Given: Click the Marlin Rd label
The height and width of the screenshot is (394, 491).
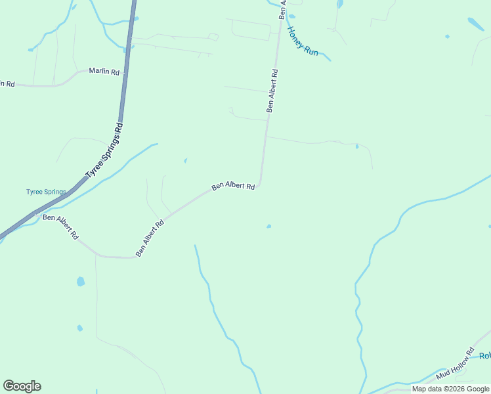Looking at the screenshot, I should (x=104, y=72).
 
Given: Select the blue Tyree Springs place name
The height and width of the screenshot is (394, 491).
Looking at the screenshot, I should (x=46, y=192).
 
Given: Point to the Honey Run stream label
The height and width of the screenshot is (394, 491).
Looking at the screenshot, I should (x=303, y=41).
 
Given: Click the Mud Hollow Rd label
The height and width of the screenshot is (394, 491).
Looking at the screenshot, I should (x=455, y=364).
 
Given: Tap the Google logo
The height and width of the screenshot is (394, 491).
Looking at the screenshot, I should (x=22, y=386).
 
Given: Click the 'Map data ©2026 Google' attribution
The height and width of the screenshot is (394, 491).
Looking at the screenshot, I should (x=450, y=389).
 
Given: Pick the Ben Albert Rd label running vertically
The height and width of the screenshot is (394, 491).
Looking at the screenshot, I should (x=272, y=91).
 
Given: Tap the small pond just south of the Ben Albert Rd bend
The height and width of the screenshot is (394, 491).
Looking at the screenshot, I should (x=268, y=227).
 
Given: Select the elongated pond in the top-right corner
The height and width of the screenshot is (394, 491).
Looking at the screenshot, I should (x=476, y=24).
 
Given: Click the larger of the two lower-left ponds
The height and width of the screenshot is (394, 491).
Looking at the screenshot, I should (x=81, y=281).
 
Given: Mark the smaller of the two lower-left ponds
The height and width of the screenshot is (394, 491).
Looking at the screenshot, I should (x=79, y=328).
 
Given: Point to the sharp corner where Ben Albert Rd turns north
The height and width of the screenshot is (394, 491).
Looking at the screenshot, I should (x=261, y=184).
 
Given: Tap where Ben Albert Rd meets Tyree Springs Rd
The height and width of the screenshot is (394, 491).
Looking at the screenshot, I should (x=37, y=212).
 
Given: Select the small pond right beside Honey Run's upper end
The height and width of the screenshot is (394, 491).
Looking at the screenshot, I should (x=291, y=16).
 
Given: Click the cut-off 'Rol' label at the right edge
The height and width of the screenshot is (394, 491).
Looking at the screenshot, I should (x=484, y=356).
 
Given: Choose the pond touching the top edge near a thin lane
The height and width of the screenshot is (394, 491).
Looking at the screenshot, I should (x=339, y=4).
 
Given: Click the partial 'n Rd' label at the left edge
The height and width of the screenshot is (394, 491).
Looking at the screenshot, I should (x=7, y=84).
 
